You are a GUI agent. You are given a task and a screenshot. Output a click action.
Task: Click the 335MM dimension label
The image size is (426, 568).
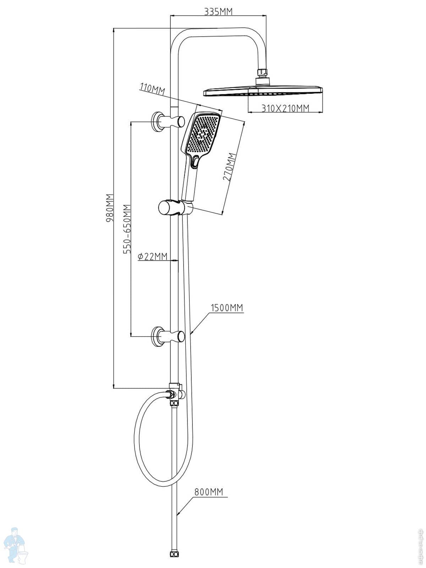tap(218, 12)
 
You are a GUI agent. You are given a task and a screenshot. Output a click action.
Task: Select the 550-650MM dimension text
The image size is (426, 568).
tap(126, 229)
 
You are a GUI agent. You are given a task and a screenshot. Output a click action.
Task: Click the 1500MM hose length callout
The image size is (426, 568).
tap(227, 308)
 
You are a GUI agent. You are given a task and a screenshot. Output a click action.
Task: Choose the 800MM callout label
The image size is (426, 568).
tap(209, 492)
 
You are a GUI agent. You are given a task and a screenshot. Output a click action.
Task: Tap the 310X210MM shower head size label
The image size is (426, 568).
tap(285, 108)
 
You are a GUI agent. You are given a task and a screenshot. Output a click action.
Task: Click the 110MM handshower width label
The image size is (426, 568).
tap(153, 89)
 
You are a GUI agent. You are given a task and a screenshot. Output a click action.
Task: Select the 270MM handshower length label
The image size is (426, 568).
tap(230, 167)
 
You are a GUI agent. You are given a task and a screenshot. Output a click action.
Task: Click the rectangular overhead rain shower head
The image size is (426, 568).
tap(263, 91)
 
